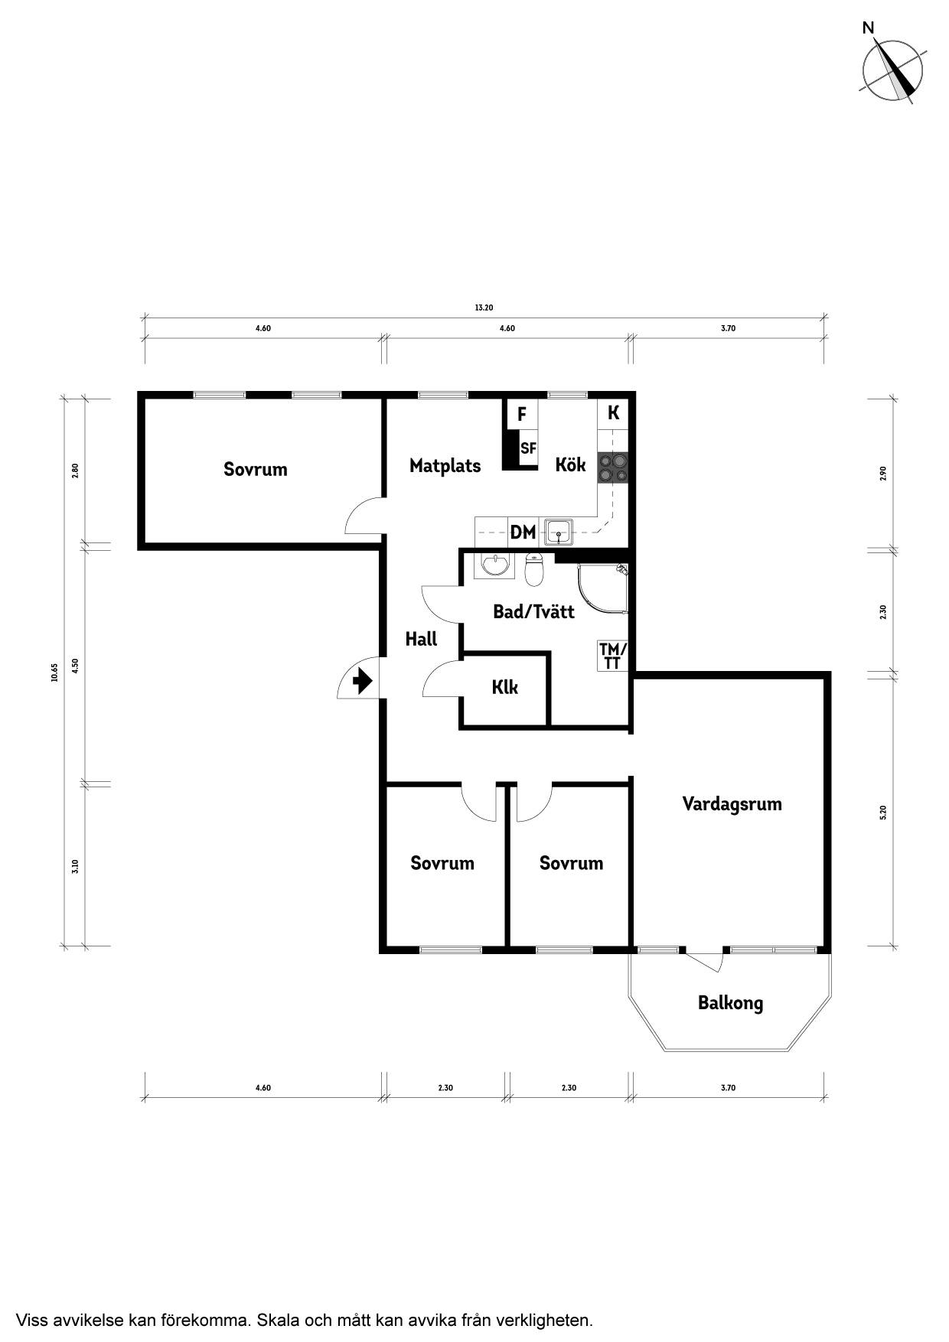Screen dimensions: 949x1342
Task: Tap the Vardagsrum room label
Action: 732,804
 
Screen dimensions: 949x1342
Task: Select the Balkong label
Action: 730,1003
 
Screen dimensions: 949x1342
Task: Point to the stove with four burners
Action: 613,468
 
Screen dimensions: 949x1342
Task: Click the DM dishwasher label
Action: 523,532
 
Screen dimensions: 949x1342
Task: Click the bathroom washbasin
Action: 496,565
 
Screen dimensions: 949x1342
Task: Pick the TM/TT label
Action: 612,656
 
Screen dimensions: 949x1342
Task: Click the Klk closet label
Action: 504,687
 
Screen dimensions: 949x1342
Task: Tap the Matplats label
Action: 445,465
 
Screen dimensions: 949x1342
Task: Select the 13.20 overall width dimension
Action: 484,308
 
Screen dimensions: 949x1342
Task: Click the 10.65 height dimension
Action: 54,671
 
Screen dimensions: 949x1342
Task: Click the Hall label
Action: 421,639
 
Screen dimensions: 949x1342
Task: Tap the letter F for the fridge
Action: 522,415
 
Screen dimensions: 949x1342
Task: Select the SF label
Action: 528,449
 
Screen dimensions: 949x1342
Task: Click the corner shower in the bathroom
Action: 603,590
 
